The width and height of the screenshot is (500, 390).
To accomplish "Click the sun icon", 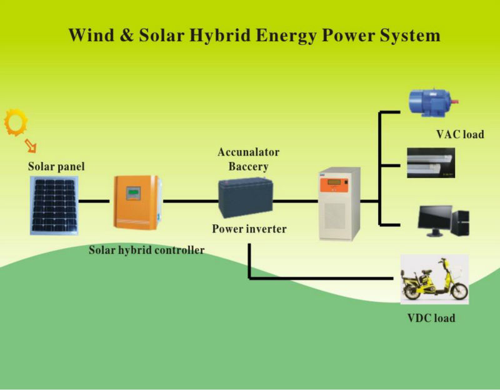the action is (x=16, y=122).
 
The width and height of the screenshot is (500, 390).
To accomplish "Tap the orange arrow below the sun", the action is (x=31, y=146).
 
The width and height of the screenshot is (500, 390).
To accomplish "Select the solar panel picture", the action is (x=54, y=206).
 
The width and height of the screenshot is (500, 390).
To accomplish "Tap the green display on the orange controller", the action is (x=133, y=193).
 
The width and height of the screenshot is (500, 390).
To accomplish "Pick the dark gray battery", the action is (x=246, y=197).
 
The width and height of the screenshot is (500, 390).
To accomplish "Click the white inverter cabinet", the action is (x=340, y=204).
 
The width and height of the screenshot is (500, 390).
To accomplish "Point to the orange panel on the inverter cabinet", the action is (x=334, y=185).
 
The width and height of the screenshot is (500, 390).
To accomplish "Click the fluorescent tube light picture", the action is (x=431, y=162).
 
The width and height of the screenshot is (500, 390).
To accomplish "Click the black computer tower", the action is (x=461, y=222).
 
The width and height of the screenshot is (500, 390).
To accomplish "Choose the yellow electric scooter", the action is (x=435, y=279).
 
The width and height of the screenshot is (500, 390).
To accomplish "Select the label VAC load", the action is (x=460, y=134).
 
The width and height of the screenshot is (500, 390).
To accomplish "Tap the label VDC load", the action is (x=431, y=318).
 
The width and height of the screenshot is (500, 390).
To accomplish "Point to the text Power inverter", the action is (x=249, y=229).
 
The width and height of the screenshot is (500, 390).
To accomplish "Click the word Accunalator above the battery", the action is (x=248, y=152).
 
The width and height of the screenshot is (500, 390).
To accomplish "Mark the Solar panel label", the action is (x=56, y=166).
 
